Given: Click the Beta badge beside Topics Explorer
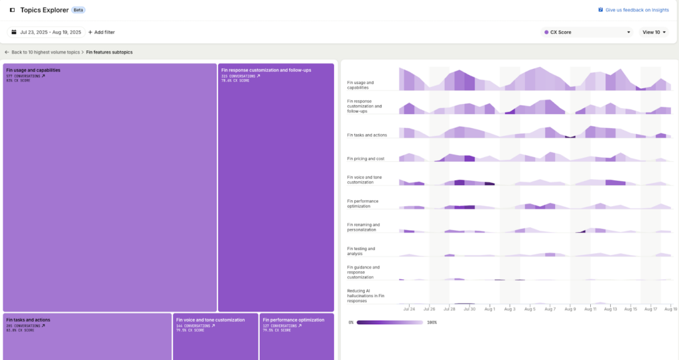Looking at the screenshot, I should [78, 10].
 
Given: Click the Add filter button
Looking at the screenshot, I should [101, 32].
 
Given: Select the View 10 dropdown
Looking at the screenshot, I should [654, 32].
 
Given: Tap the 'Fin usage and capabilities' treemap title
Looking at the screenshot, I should [33, 70].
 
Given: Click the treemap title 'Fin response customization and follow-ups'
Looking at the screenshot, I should [266, 70].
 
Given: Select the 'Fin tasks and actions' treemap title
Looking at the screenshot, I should [28, 320].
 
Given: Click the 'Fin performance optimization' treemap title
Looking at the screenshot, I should [292, 320].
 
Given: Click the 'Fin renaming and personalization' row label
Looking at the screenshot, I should [363, 227].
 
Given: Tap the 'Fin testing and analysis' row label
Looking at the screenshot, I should [361, 251].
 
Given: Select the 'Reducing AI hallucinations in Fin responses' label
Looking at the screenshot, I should [366, 296].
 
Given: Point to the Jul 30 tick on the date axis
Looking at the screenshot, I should [469, 309].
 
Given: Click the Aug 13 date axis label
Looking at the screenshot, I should [610, 309].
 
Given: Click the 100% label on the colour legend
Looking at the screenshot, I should [431, 322].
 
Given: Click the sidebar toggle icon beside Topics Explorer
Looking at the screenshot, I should [13, 10].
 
